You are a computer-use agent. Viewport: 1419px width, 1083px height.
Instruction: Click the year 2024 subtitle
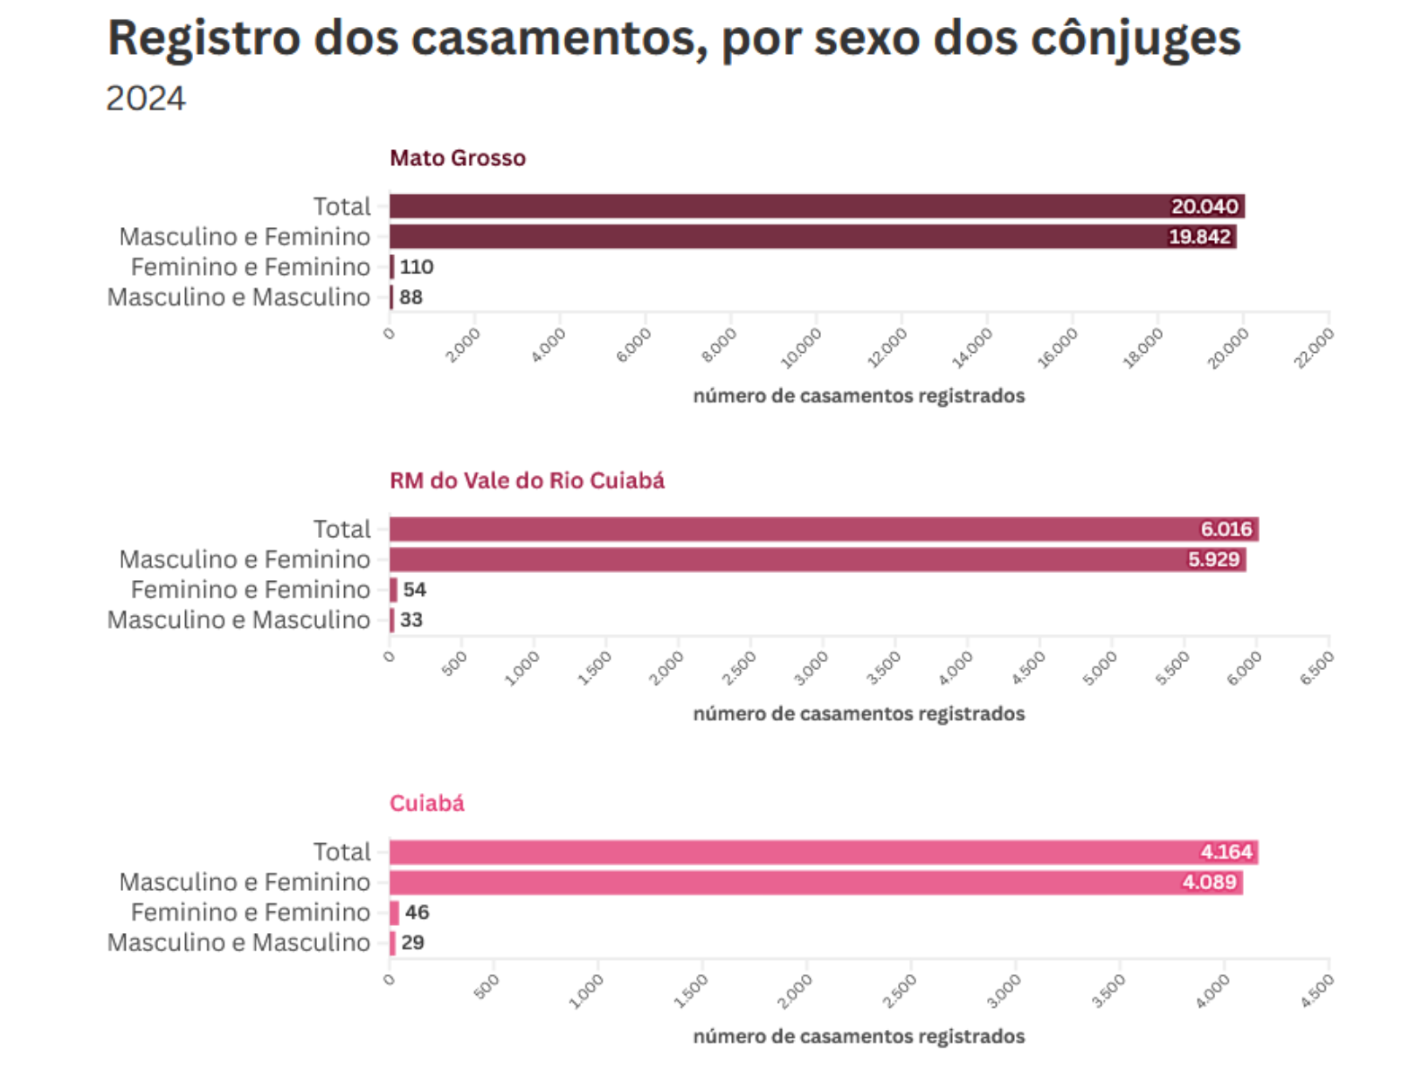click(x=145, y=98)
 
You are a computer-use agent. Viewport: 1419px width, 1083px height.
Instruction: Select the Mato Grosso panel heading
click(x=457, y=158)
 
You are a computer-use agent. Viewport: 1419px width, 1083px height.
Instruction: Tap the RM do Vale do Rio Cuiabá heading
click(x=526, y=480)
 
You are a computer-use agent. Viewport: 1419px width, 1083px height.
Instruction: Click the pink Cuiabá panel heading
click(x=427, y=803)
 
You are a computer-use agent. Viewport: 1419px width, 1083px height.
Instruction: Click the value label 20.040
click(x=1203, y=207)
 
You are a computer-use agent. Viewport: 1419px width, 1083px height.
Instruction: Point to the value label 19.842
click(x=1199, y=237)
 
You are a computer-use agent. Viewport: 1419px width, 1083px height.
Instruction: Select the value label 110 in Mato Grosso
click(x=416, y=267)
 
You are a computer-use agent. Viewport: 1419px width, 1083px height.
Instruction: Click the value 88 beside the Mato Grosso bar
click(x=410, y=297)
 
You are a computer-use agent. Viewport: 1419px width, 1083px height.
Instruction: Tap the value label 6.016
click(x=1226, y=529)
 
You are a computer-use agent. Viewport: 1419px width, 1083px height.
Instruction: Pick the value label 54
click(x=414, y=590)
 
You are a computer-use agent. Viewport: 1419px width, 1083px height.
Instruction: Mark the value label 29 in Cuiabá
click(x=412, y=943)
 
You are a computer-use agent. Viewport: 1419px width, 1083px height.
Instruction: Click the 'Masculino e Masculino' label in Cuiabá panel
click(x=238, y=943)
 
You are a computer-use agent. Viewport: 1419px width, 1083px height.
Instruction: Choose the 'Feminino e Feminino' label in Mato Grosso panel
click(x=250, y=267)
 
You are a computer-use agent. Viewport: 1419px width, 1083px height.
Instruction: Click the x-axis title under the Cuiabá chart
click(x=859, y=1036)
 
